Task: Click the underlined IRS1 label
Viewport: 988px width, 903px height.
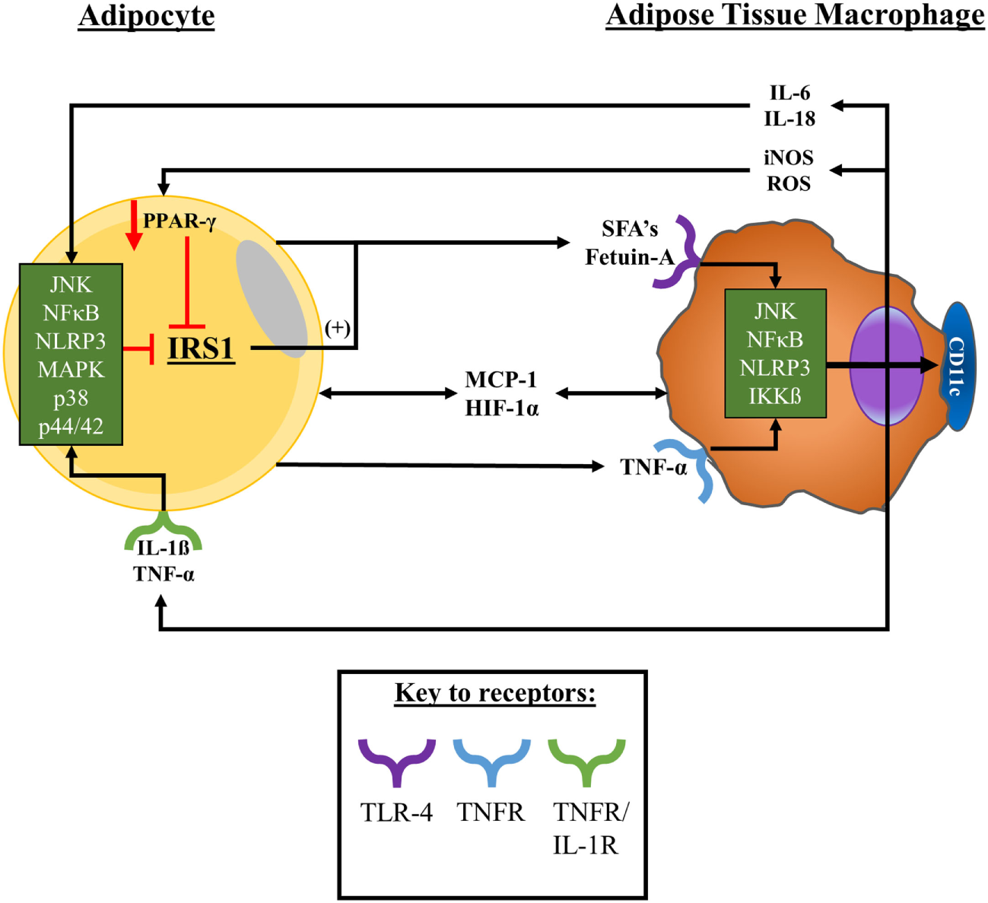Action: point(201,348)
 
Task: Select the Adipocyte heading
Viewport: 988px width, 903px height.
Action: point(146,16)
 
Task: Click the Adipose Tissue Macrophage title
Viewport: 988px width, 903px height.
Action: point(795,15)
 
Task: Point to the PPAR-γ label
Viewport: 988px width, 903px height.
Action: point(179,221)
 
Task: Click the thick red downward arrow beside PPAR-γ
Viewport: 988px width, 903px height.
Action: point(134,226)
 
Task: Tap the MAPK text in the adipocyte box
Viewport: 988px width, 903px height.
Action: point(71,370)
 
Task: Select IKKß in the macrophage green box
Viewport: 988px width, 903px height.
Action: point(775,396)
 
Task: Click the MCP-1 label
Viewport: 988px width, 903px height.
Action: point(501,380)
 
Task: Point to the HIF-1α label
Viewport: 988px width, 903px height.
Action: point(502,409)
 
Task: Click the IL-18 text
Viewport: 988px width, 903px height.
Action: point(789,119)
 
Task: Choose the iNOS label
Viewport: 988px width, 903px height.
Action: point(789,157)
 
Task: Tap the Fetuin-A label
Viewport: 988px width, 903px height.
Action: point(629,258)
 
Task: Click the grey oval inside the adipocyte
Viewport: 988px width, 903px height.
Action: point(272,297)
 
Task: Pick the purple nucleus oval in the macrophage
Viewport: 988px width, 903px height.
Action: point(886,366)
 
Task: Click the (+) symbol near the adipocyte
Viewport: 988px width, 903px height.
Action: point(338,329)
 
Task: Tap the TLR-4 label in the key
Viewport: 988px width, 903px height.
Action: point(396,812)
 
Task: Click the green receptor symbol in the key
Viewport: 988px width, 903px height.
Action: point(586,761)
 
